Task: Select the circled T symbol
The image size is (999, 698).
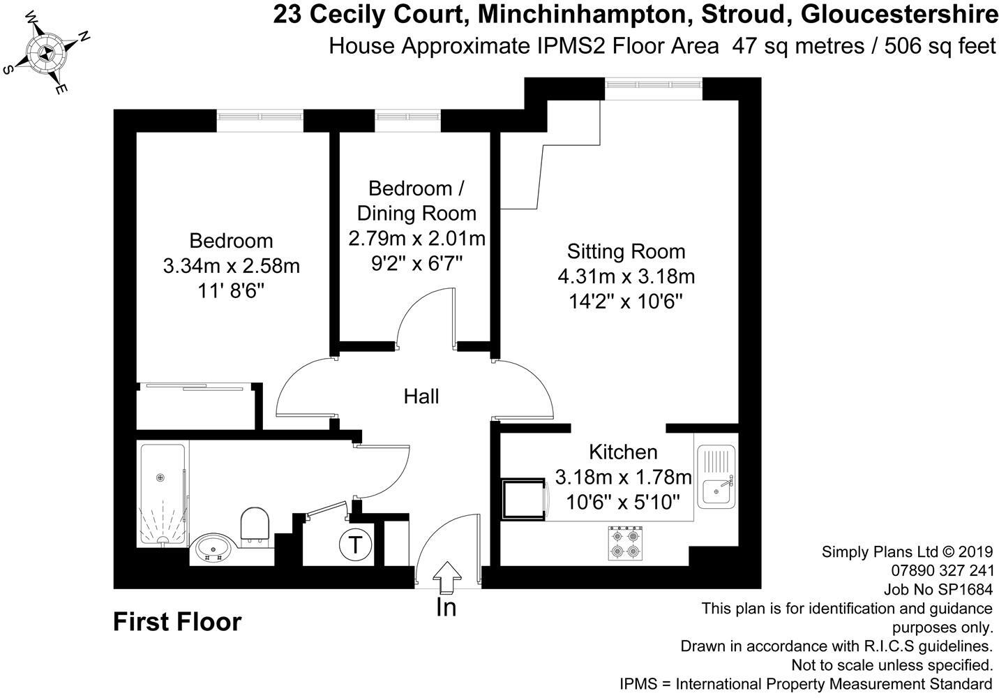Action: coord(356,544)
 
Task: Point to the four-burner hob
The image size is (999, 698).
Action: coord(625,544)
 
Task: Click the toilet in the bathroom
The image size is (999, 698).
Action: coord(254,526)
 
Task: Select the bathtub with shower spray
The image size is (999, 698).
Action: coord(163,495)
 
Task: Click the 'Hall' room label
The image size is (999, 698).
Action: coord(421,396)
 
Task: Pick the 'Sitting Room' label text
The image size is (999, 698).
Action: coord(626,251)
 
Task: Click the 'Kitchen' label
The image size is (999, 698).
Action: coord(623,452)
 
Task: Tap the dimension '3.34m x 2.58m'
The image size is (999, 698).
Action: coord(231,266)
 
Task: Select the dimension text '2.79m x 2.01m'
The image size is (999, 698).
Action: coord(416,239)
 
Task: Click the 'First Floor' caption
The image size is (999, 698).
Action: coord(177,621)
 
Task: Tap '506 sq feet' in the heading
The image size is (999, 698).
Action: coord(940,46)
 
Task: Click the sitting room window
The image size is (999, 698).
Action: coord(653,84)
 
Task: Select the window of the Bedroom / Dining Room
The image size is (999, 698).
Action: coord(408,116)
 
